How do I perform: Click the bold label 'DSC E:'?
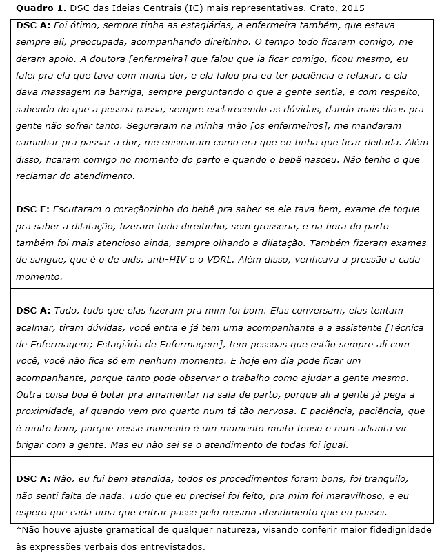pos(32,208)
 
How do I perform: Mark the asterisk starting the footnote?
pos(18,529)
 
